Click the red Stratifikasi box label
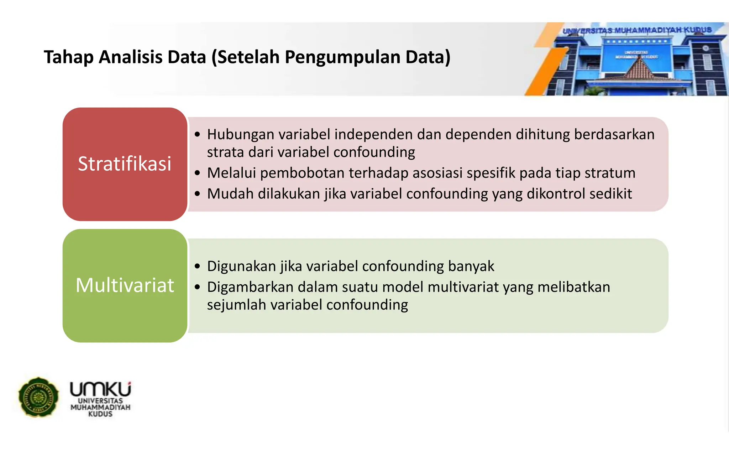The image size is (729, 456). (x=125, y=164)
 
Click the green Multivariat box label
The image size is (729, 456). (x=125, y=285)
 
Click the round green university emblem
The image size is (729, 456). (x=38, y=397)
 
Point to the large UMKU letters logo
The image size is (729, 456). (x=100, y=389)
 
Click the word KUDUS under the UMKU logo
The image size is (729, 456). (x=100, y=414)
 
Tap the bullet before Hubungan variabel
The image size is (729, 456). (x=198, y=135)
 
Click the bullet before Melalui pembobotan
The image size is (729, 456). (x=198, y=173)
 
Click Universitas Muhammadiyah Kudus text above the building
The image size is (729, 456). (x=637, y=30)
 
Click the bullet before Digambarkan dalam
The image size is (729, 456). (x=198, y=287)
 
